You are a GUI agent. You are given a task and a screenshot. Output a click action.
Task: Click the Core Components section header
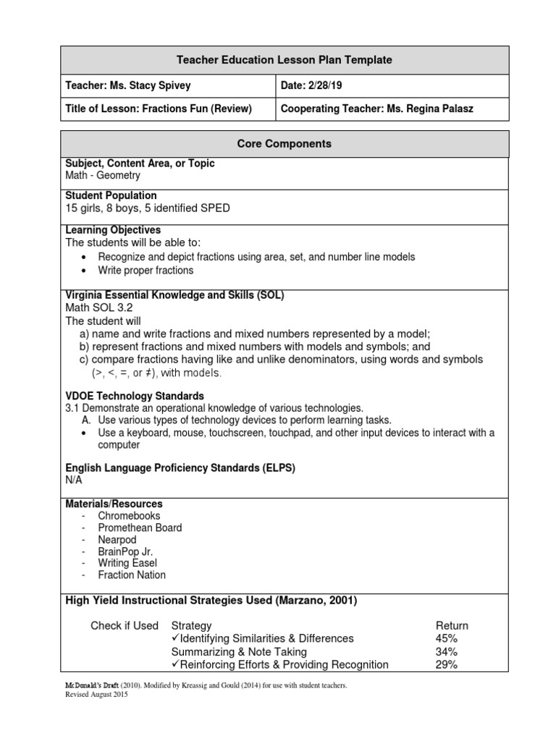(x=285, y=144)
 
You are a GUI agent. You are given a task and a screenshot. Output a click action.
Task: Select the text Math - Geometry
(x=103, y=175)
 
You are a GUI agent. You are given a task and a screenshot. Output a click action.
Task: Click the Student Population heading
(x=111, y=195)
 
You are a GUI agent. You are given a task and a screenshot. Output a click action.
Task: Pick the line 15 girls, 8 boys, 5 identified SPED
(x=148, y=208)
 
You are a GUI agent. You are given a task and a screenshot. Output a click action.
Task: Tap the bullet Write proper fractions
(x=146, y=270)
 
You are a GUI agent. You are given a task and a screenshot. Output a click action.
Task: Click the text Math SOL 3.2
(x=99, y=308)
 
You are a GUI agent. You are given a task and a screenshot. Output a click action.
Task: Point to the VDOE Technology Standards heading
(x=135, y=396)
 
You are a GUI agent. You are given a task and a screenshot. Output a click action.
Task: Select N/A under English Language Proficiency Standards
(x=74, y=480)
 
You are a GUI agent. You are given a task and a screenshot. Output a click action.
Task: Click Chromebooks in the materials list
(x=130, y=516)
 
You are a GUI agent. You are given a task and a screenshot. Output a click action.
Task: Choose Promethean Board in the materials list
(x=140, y=528)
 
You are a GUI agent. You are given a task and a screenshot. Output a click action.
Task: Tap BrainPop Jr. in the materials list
(x=125, y=551)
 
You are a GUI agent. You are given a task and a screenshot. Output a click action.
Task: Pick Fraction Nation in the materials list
(x=132, y=575)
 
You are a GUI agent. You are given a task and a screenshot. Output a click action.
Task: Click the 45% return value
(x=446, y=638)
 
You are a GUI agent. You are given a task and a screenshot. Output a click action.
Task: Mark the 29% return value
(x=446, y=664)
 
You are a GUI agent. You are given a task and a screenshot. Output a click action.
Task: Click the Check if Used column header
(x=124, y=625)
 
